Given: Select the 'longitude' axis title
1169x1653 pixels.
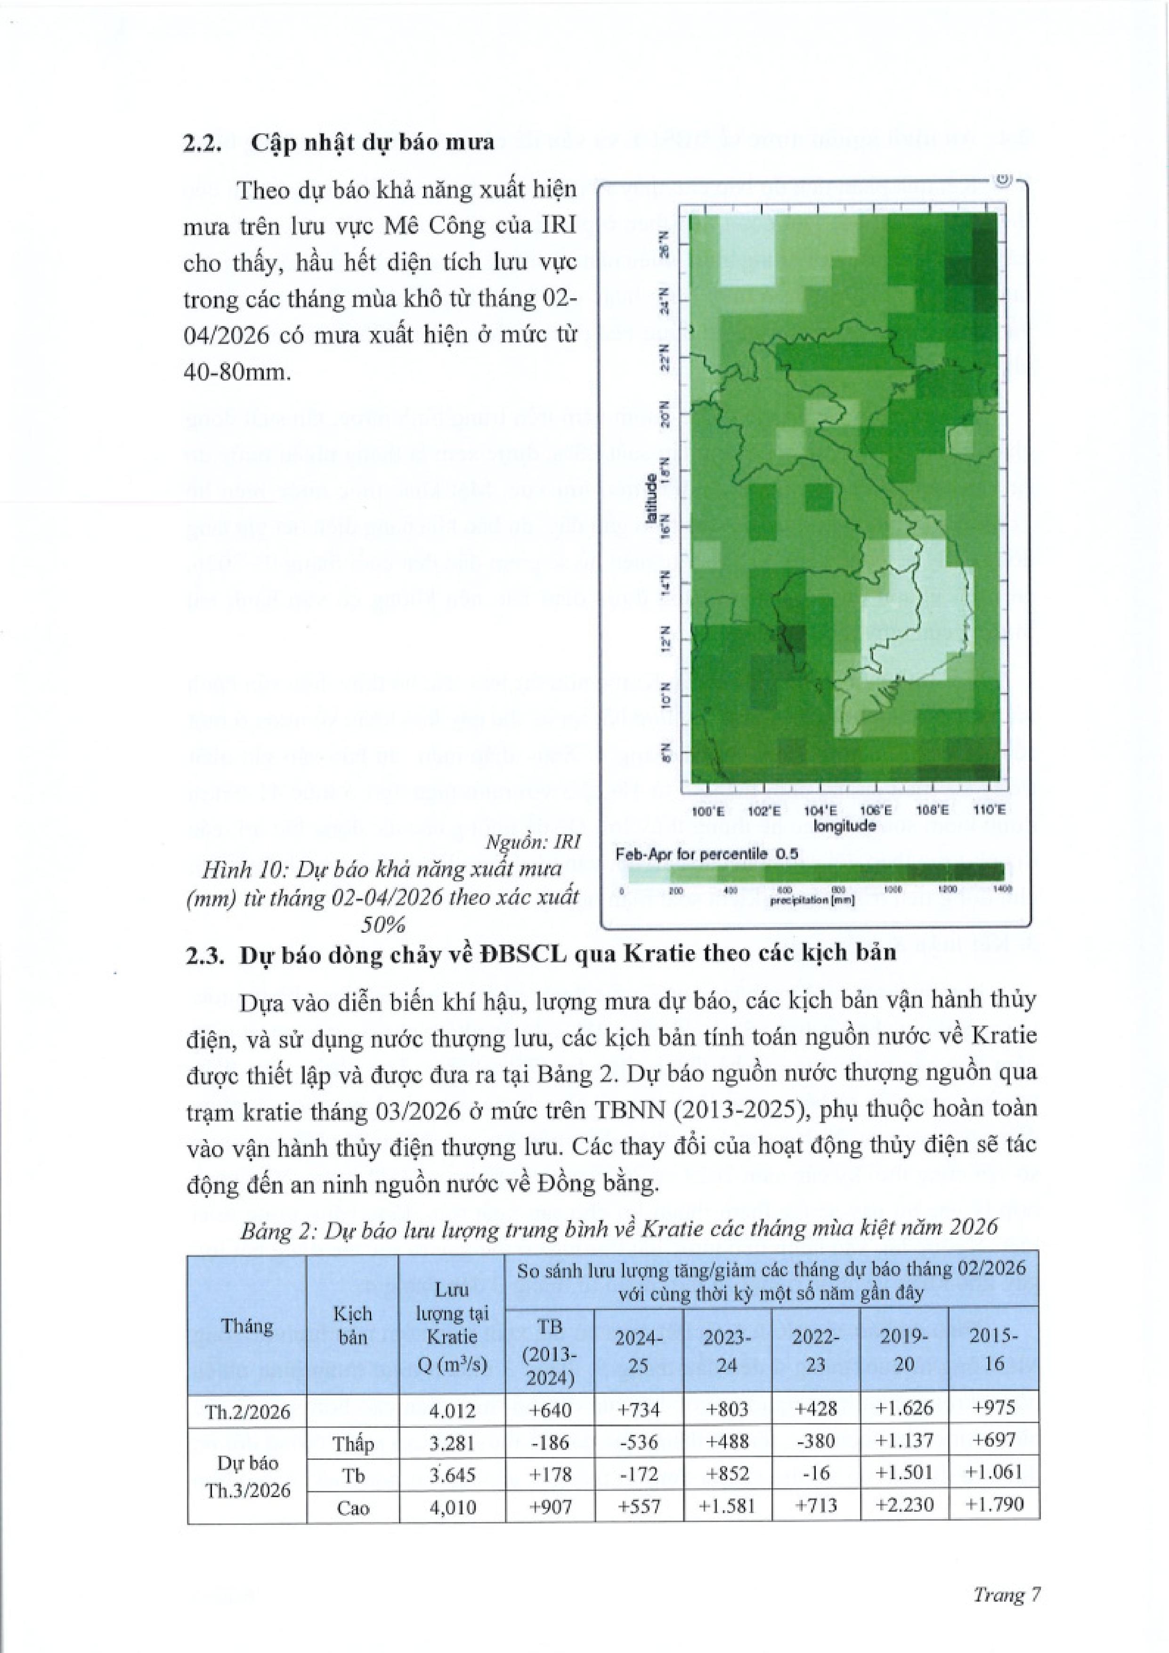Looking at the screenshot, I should coord(844,826).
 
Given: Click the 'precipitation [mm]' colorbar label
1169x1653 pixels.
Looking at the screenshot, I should coord(812,901).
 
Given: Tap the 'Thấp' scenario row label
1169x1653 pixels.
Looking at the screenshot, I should coord(353,1443).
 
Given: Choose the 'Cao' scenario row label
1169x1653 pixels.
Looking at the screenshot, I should coord(353,1506).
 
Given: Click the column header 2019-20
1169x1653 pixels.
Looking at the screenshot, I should coord(904,1350).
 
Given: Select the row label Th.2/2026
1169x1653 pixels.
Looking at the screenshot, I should coord(246,1411).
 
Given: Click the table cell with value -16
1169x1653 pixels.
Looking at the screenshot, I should coord(816,1473).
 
